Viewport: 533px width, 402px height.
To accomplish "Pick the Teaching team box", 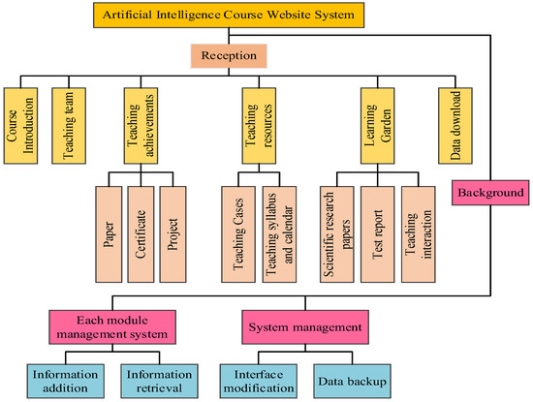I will pos(67,117).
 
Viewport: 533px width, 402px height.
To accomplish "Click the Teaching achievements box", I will pos(140,117).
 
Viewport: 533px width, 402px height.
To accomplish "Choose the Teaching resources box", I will pos(256,117).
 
